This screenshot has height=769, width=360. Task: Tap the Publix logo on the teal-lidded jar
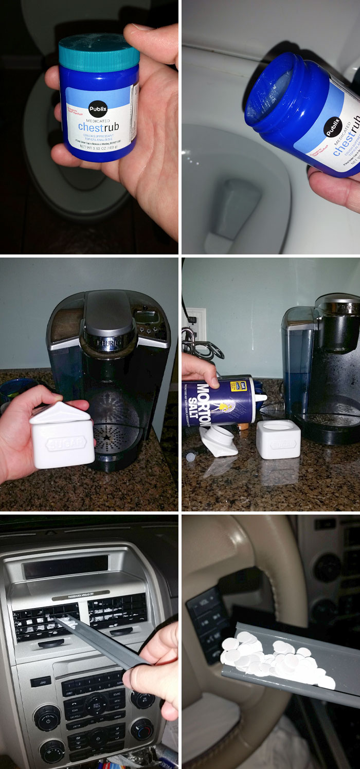tap(98, 109)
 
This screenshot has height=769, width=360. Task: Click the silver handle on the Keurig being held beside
tap(109, 313)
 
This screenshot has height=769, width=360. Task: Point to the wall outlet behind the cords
tap(195, 324)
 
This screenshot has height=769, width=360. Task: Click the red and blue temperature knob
tap(140, 729)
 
